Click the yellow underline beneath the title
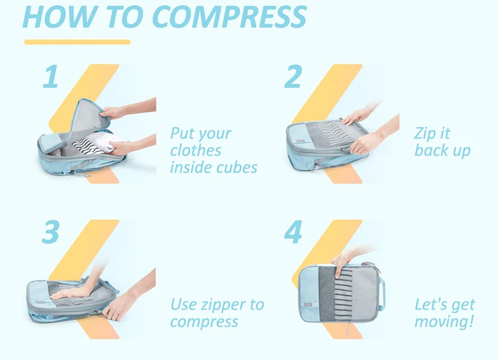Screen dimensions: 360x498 (x=77, y=42)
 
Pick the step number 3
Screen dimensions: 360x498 (x=50, y=232)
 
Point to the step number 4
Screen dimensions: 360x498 (x=292, y=232)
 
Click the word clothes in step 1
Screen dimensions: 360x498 (x=196, y=151)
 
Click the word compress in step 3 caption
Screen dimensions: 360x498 (x=204, y=322)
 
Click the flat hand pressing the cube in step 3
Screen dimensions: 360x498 (x=71, y=292)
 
